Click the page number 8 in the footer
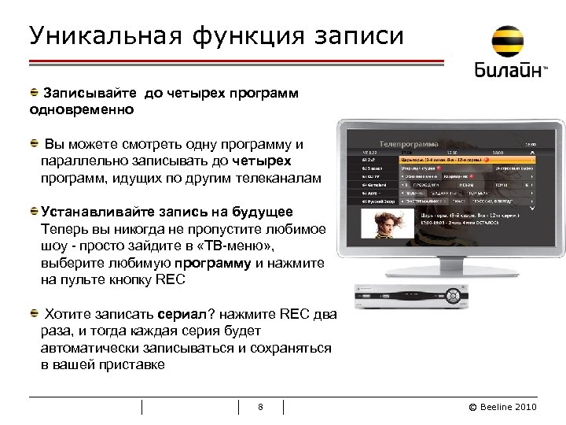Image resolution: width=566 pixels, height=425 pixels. tap(260, 407)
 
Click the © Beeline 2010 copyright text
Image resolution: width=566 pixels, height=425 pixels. tap(502, 407)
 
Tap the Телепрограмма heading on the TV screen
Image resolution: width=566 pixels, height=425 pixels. tap(409, 145)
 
